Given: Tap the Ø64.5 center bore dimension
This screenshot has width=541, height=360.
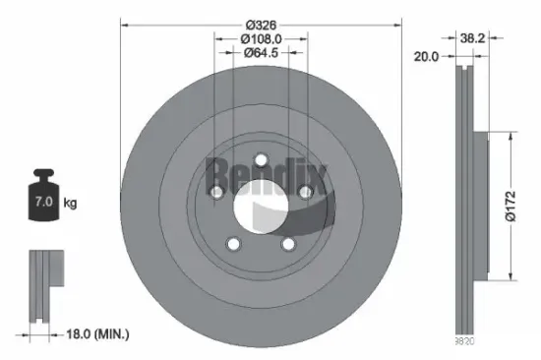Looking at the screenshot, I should point(262,54).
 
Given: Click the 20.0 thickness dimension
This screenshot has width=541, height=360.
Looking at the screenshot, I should point(426,58).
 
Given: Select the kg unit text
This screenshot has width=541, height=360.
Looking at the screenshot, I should point(70,204).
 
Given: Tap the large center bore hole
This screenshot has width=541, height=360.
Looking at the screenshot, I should point(262,206).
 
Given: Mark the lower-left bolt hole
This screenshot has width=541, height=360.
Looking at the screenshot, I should point(233,244).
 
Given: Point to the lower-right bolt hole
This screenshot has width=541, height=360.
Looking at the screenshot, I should point(290,244).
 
